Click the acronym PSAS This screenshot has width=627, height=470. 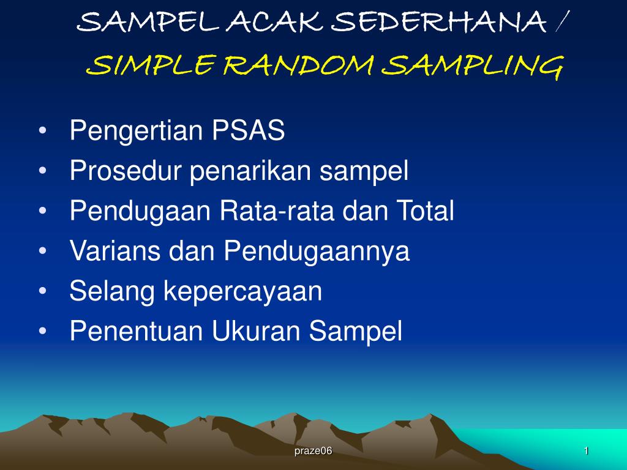pyautogui.click(x=249, y=130)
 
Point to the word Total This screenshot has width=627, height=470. pyautogui.click(x=426, y=211)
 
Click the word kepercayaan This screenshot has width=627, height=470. pyautogui.click(x=242, y=292)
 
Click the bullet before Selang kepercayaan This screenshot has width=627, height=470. pyautogui.click(x=43, y=292)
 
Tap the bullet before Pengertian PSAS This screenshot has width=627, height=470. pyautogui.click(x=43, y=131)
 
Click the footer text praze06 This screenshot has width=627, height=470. pyautogui.click(x=313, y=451)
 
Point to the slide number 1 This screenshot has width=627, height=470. pyautogui.click(x=586, y=451)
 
